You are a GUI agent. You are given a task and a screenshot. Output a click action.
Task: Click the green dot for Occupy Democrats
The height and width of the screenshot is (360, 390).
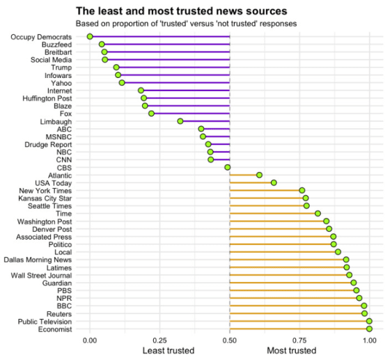point(90,36)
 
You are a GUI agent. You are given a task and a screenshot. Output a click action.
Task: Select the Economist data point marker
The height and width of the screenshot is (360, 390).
point(369,329)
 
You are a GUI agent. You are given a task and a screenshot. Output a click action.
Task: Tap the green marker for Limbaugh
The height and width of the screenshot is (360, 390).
point(180,121)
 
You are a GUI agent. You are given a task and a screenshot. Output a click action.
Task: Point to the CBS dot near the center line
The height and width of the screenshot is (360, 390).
point(227,167)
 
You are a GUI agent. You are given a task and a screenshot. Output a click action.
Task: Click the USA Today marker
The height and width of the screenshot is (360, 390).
point(274,182)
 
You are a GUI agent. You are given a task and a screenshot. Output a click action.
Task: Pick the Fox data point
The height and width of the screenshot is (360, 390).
point(151,114)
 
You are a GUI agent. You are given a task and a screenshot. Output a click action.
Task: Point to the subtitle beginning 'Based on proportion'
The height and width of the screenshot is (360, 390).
point(187,23)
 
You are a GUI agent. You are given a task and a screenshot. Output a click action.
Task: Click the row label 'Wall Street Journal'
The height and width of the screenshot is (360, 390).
point(46,275)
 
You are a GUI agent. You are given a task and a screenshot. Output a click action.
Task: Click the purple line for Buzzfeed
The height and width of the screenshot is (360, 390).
point(167,44)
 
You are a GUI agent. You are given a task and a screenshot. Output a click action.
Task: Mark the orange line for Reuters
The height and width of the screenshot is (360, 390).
point(296,313)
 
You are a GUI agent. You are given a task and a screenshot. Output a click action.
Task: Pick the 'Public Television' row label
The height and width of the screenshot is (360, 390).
point(49,321)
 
